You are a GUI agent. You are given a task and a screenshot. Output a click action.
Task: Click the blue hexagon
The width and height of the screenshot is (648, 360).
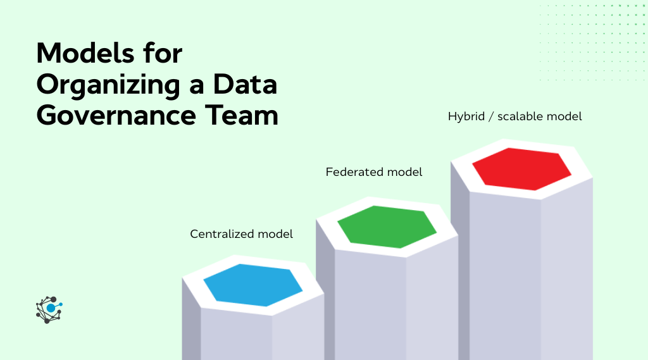253,285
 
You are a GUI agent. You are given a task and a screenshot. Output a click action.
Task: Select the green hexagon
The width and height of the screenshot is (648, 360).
387,227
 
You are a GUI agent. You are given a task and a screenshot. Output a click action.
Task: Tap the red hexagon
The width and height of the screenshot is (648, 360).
521,169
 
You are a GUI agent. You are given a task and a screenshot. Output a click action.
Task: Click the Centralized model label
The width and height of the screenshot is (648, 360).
241,234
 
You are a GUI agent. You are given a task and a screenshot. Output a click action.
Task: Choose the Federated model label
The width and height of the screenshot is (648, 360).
373,172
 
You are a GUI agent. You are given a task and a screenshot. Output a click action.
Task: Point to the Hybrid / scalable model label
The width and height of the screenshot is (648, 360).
514,116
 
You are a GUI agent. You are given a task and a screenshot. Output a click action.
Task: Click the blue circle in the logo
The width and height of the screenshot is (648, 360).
51,308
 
